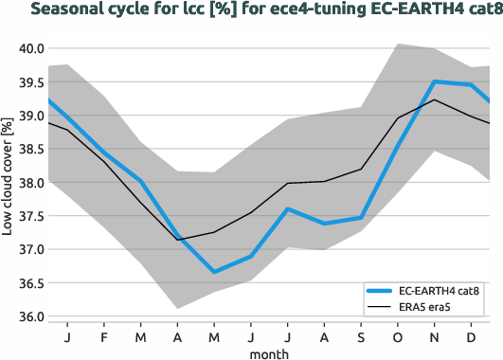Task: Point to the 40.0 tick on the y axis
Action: [31, 48]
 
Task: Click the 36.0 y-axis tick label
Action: [31, 316]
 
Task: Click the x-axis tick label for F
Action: [104, 336]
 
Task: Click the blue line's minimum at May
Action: [215, 272]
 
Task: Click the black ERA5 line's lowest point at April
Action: [177, 240]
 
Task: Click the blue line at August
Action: [324, 224]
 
